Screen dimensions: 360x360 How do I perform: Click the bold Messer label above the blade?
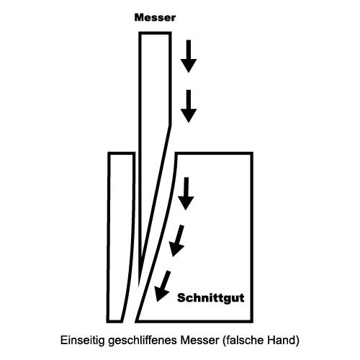click(155, 17)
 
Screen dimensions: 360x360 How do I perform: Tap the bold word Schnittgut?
click(210, 298)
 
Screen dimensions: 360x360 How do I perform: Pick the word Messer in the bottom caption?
click(200, 341)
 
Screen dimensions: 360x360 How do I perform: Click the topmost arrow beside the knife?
click(189, 56)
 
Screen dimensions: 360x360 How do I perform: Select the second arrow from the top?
click(189, 107)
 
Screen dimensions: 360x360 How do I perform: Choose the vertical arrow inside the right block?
click(186, 194)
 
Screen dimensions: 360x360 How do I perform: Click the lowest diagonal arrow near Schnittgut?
click(163, 286)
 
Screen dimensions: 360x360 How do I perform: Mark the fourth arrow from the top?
click(177, 241)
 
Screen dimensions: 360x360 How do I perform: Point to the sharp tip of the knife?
click(139, 287)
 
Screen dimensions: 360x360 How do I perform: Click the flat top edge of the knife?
click(155, 33)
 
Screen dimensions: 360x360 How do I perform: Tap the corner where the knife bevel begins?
click(171, 125)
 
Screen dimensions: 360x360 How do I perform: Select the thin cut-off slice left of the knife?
click(121, 237)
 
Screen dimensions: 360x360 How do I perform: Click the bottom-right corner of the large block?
click(252, 322)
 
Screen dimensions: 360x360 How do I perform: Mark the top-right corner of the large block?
click(252, 153)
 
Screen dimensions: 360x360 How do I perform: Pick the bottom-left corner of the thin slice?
click(108, 322)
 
